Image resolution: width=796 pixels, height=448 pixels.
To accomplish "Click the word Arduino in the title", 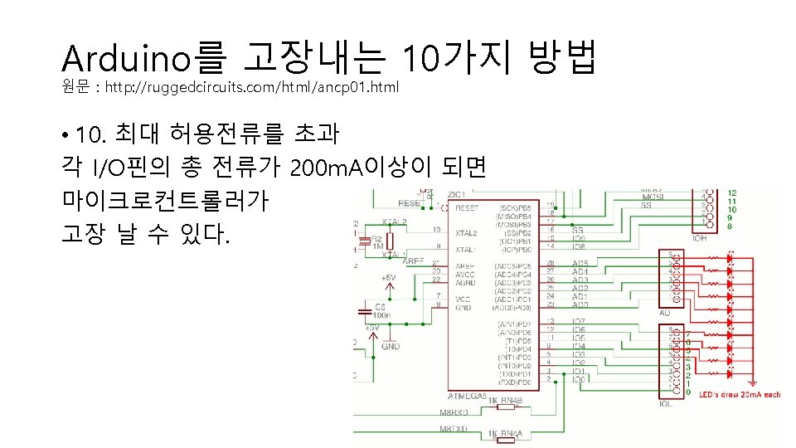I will click(x=127, y=57).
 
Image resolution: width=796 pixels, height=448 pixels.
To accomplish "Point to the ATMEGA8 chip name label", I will click(x=467, y=395).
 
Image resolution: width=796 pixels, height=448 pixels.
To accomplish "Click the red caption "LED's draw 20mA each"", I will click(x=740, y=395).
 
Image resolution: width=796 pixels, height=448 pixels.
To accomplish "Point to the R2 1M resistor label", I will click(x=376, y=241).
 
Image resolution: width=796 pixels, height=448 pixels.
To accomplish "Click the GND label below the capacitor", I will click(x=390, y=347).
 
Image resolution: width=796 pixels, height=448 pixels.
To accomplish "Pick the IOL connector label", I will click(x=665, y=404).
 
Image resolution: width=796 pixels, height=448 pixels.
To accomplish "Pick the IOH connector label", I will click(x=699, y=238).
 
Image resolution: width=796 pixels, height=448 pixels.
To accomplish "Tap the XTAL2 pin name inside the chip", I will click(x=467, y=233).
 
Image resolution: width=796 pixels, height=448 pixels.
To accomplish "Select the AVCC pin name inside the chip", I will click(x=465, y=274).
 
